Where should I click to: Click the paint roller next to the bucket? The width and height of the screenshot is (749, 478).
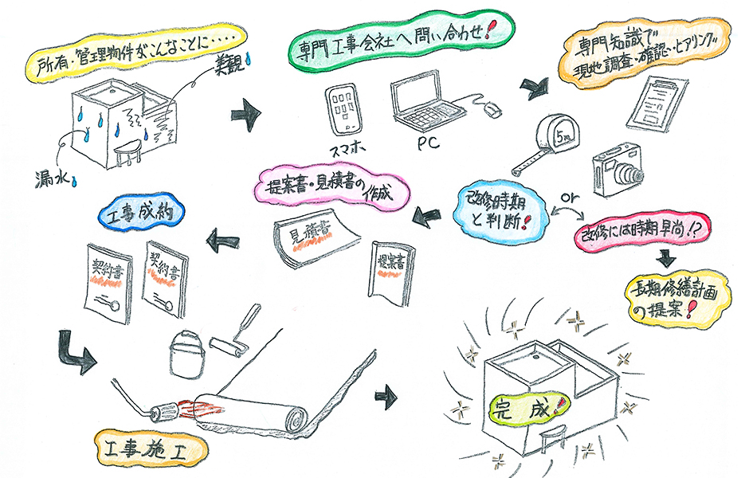point(235,333)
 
